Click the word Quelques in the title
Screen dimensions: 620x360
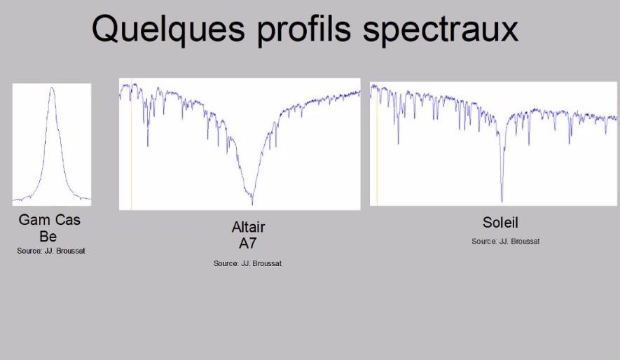(168, 29)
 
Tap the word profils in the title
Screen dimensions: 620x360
(304, 29)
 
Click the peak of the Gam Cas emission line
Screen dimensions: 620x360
(52, 88)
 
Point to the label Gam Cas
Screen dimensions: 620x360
(50, 220)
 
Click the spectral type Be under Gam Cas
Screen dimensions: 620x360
(48, 236)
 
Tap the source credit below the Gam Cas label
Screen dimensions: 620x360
(51, 251)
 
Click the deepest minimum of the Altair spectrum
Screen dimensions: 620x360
(252, 204)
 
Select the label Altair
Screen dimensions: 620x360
(248, 227)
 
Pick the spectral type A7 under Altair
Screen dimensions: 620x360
(248, 243)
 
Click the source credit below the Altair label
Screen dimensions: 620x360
(247, 263)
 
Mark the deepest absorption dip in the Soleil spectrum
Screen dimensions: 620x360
(502, 201)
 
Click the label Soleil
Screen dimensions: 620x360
(500, 223)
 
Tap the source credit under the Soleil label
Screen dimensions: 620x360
(505, 242)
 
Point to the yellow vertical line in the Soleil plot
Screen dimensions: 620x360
(377, 144)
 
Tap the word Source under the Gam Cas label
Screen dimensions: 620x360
(29, 251)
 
